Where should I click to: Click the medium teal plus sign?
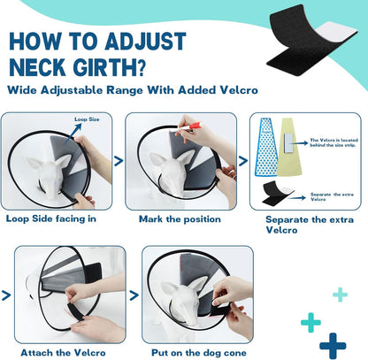tap(310, 322)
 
